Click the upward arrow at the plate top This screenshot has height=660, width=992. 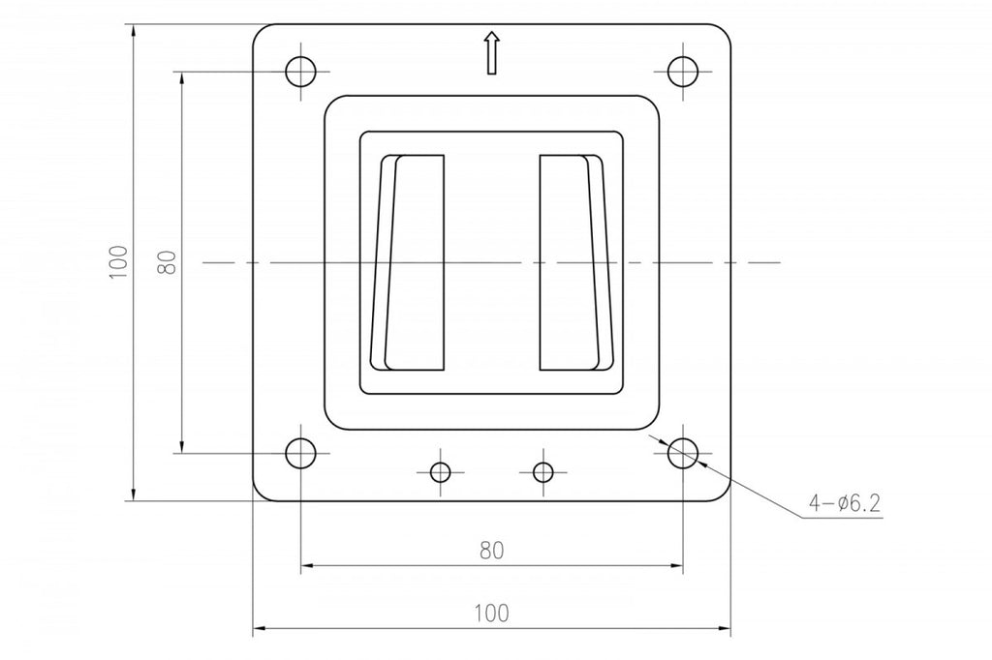coord(491,53)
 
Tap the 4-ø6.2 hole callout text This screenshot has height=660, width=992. coord(845,503)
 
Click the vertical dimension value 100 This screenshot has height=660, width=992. coord(118,262)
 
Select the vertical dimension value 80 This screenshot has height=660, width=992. coord(167,262)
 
